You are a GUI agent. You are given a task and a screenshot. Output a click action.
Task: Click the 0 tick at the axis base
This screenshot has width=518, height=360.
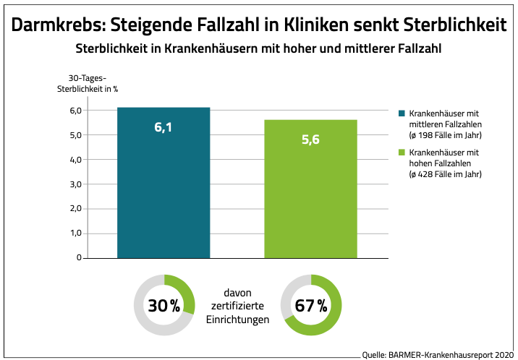pyautogui.click(x=78, y=257)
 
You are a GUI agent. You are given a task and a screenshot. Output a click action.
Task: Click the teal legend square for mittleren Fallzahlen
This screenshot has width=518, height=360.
pyautogui.click(x=402, y=113)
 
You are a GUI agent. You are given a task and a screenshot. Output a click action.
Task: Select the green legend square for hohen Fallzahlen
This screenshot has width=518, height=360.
pyautogui.click(x=402, y=153)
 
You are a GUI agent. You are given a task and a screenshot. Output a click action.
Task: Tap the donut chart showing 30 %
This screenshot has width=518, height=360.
pyautogui.click(x=164, y=305)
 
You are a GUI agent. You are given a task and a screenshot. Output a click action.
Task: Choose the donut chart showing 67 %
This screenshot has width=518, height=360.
pyautogui.click(x=310, y=305)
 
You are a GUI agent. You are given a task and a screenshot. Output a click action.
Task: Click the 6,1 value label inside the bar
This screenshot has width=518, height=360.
pyautogui.click(x=164, y=127)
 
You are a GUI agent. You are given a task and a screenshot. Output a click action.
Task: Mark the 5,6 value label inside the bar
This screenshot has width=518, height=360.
pyautogui.click(x=310, y=139)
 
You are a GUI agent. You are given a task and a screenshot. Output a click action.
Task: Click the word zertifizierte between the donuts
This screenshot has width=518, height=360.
pyautogui.click(x=237, y=306)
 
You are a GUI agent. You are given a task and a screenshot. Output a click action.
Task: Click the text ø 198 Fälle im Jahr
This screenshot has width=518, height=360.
pyautogui.click(x=446, y=134)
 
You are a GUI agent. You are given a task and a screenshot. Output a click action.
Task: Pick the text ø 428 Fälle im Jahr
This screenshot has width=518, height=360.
pyautogui.click(x=446, y=174)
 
